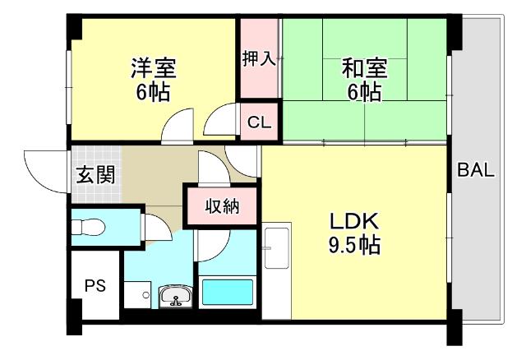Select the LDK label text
coord(354,222)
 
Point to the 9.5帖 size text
coord(354,244)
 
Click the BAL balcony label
coord(476,171)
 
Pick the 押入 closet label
coord(259,58)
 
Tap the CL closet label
coord(259,123)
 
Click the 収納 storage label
coord(222,205)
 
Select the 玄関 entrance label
coord(95,174)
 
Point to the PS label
coord(95,286)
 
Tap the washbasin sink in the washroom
coord(174,296)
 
